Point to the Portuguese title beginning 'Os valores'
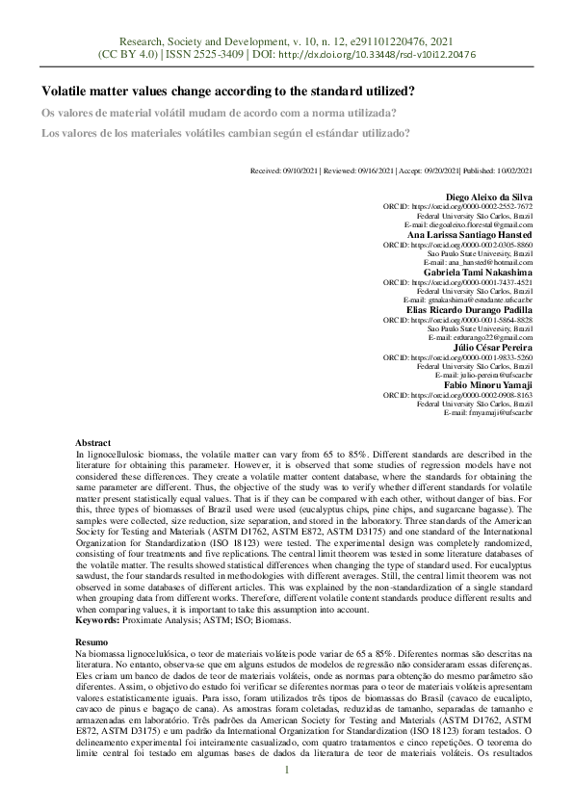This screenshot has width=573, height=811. click(x=219, y=113)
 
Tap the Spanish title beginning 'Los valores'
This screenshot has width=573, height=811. click(x=225, y=133)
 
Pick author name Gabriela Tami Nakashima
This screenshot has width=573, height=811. click(x=478, y=272)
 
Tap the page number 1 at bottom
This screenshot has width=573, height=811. click(x=286, y=770)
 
